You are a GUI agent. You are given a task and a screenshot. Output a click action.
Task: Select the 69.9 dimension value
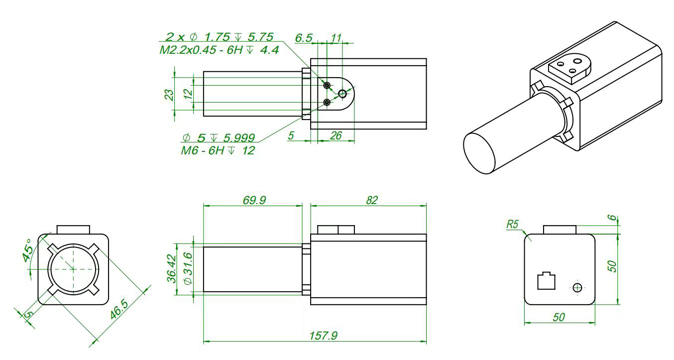pyautogui.click(x=254, y=200)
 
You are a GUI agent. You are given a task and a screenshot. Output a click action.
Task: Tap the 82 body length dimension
pyautogui.click(x=371, y=200)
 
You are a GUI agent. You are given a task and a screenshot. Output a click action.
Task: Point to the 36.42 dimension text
pyautogui.click(x=171, y=269)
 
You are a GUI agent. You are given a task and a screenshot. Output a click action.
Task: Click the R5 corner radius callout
pyautogui.click(x=512, y=224)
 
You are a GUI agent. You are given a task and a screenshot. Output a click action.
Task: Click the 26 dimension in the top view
pyautogui.click(x=336, y=135)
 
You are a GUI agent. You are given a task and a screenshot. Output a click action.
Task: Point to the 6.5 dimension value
pyautogui.click(x=304, y=38)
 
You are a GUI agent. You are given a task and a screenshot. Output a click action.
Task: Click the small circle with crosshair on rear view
pyautogui.click(x=577, y=287)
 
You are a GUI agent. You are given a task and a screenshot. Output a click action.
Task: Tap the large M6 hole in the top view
pyautogui.click(x=342, y=94)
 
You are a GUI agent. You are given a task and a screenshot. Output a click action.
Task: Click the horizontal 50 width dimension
pyautogui.click(x=559, y=317)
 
